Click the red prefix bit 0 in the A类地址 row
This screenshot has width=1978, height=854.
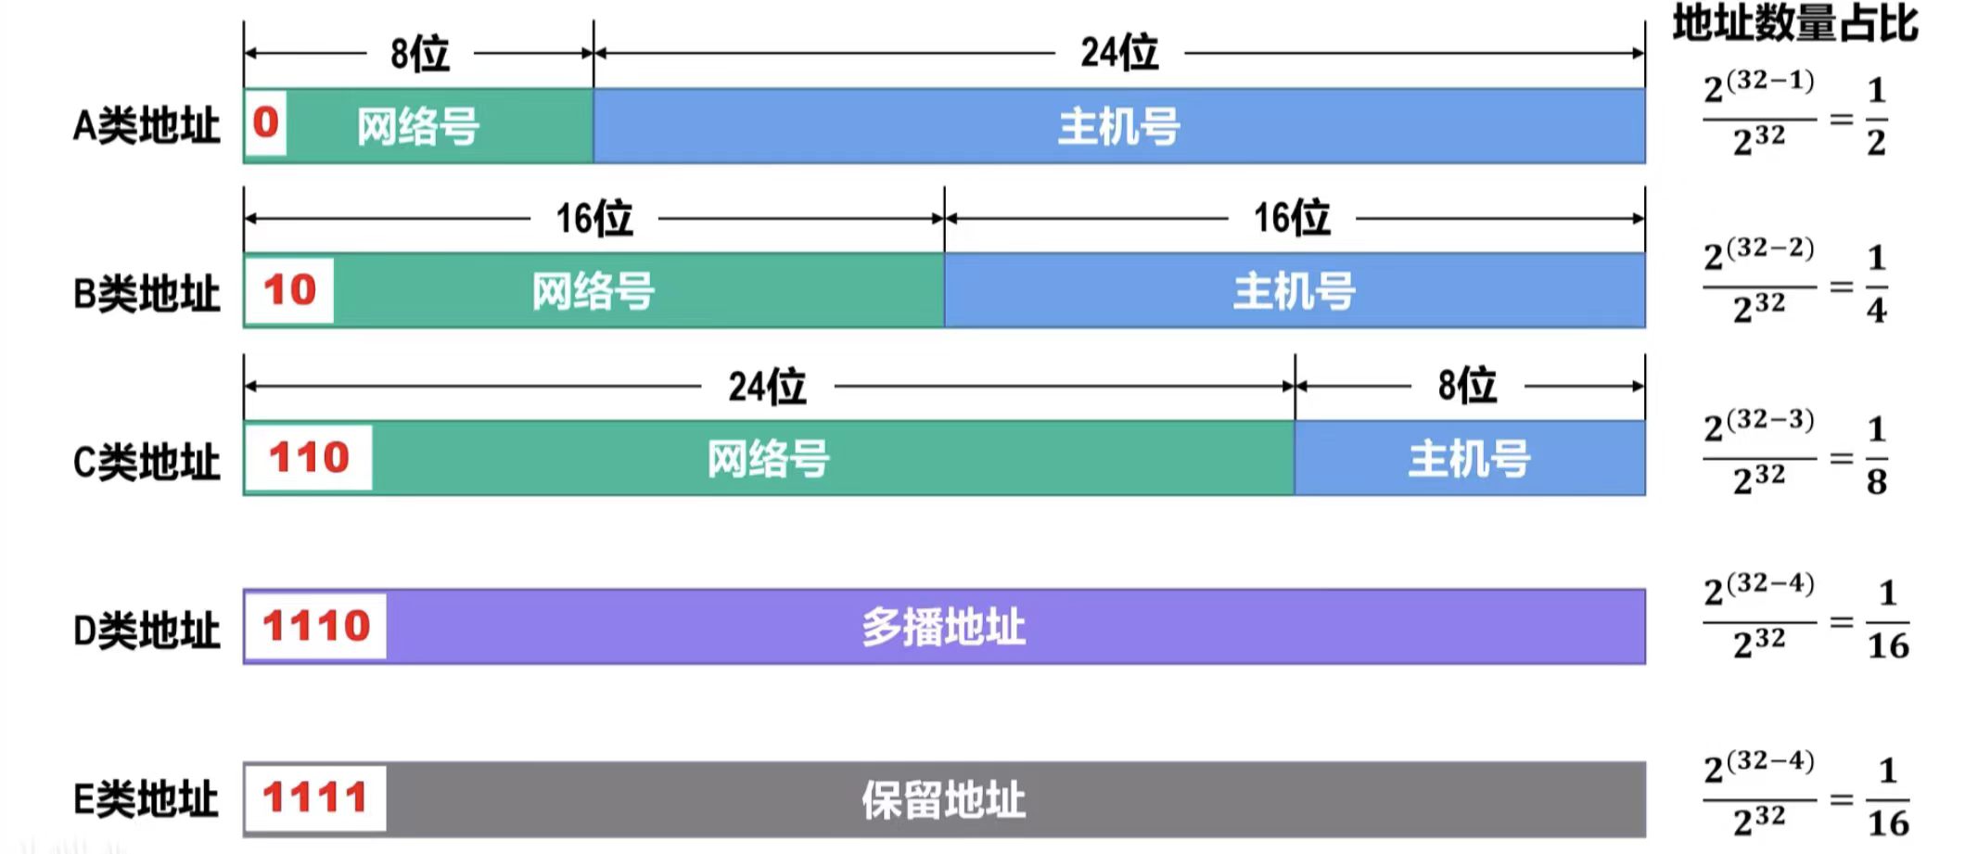click(265, 122)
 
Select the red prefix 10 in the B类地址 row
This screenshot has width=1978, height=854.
click(289, 290)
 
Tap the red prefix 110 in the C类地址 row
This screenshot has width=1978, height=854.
click(309, 457)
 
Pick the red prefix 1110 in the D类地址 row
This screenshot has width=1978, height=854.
click(316, 626)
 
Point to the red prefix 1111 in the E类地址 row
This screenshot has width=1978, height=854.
click(315, 797)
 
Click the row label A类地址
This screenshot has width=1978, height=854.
click(147, 125)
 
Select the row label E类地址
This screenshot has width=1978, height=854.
click(147, 798)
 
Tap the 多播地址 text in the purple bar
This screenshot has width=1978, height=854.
click(943, 627)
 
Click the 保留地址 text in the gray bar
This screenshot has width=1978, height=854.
click(943, 799)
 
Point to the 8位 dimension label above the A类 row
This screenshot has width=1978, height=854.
click(420, 53)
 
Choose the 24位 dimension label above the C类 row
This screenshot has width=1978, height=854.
click(767, 386)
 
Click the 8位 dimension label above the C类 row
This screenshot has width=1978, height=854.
click(1467, 385)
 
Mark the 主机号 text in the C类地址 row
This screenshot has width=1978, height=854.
click(1469, 458)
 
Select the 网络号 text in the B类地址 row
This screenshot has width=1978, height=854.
click(593, 291)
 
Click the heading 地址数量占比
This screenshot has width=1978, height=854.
click(1795, 23)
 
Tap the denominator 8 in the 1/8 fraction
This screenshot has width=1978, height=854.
click(1877, 482)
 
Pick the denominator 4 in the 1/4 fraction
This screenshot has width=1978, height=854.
click(1877, 311)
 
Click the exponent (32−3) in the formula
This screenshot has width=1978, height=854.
click(1770, 419)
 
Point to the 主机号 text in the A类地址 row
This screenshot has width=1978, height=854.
click(1118, 126)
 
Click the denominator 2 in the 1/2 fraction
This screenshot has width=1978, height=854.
click(1877, 143)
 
